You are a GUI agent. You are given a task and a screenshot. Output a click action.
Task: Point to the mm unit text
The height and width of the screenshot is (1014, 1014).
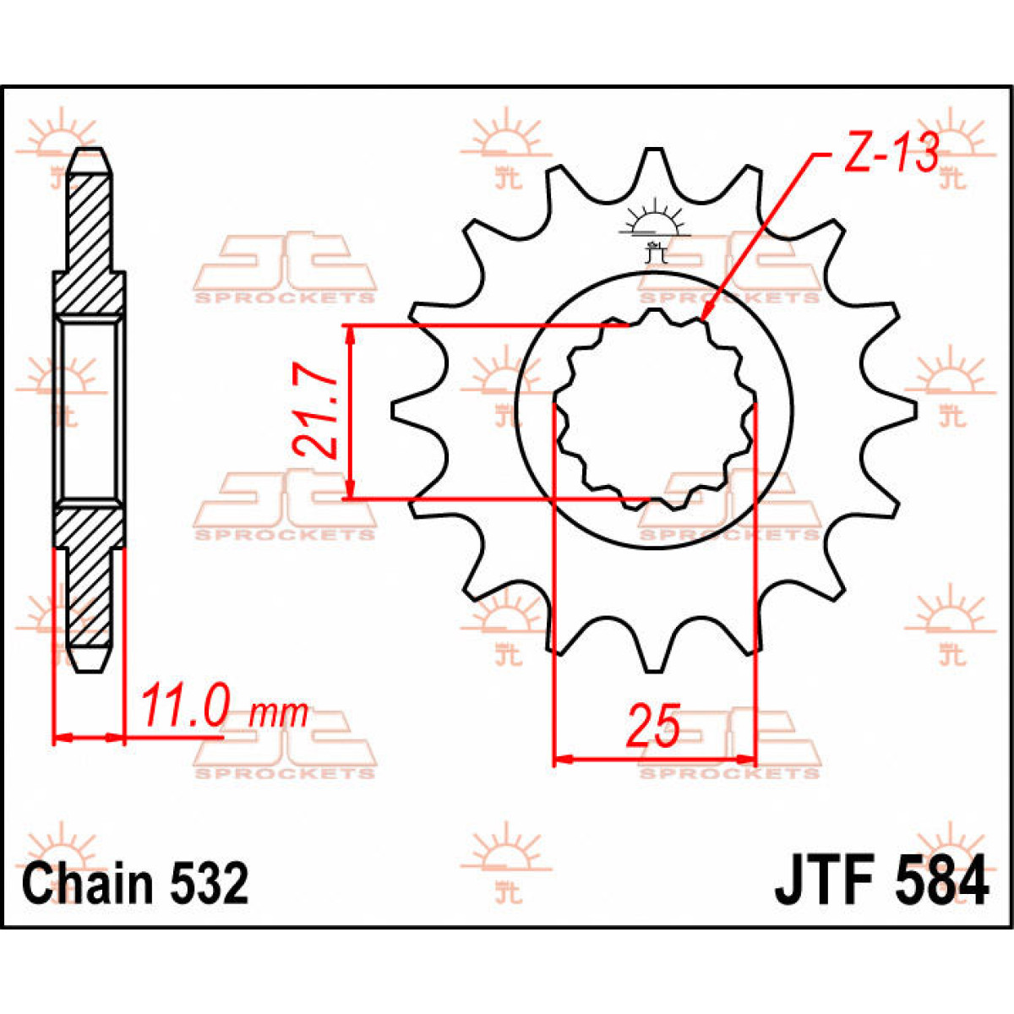280,714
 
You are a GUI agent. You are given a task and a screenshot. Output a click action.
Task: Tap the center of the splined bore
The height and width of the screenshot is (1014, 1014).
653,412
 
